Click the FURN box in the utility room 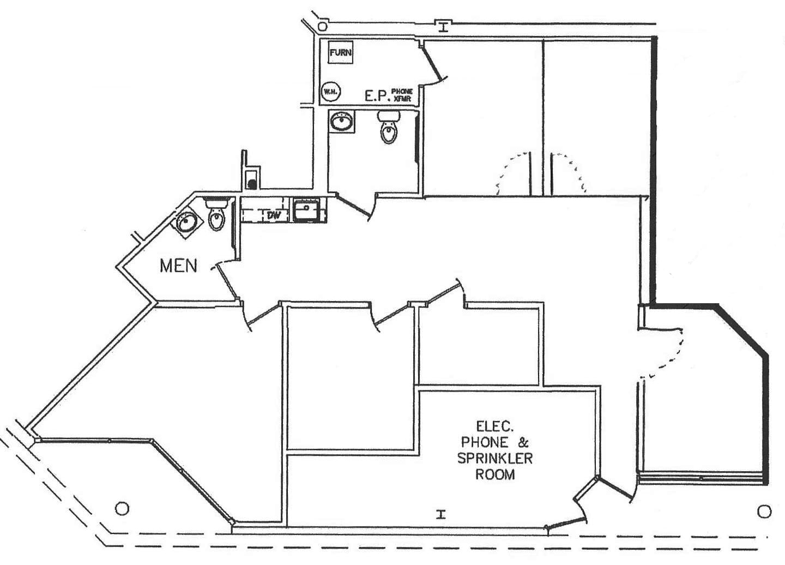pos(341,53)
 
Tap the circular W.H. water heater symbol pos(330,91)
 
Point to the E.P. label pos(376,97)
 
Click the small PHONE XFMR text pos(402,95)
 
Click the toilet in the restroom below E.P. pos(388,128)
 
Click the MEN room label pos(178,266)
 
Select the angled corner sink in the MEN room pos(186,223)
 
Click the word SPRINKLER pos(494,458)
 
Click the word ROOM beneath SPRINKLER pos(494,474)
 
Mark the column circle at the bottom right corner pos(764,511)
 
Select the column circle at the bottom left pos(123,508)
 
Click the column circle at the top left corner pos(322,26)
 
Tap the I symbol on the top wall pos(444,26)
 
